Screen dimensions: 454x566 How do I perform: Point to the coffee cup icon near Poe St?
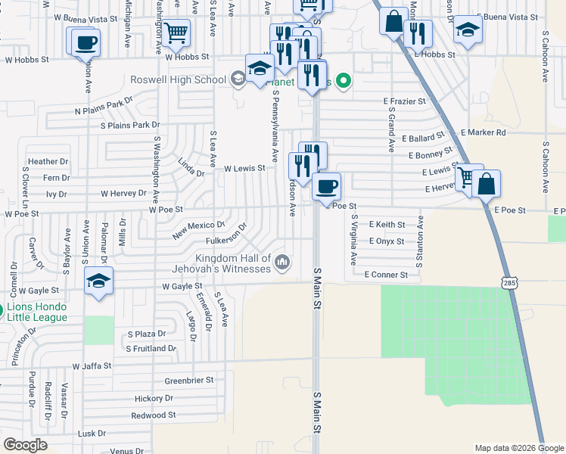coord(327,186)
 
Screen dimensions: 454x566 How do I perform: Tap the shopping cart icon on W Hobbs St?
coord(176,33)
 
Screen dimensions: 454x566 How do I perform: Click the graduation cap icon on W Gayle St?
coord(98,281)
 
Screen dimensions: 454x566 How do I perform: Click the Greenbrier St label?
coord(189,380)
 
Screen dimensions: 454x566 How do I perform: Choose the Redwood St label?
coord(154,415)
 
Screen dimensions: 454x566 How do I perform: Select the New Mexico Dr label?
coord(199,230)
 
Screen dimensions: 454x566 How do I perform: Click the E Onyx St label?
coord(387,241)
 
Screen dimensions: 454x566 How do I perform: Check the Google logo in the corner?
coord(25,445)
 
